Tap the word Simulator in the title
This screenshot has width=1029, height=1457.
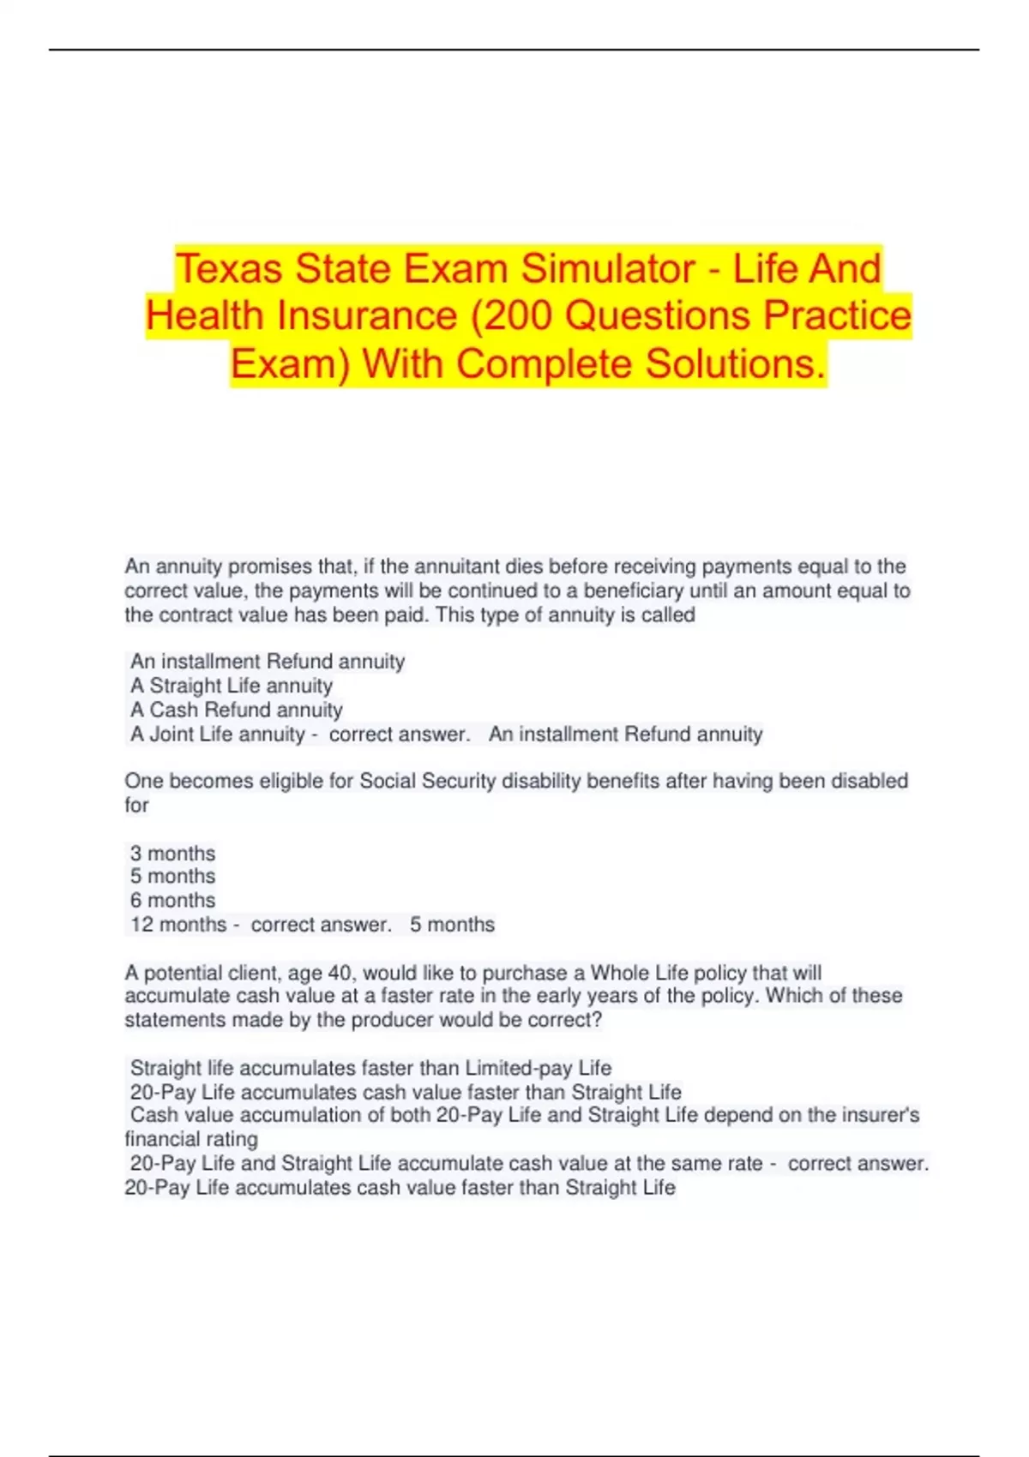pos(608,268)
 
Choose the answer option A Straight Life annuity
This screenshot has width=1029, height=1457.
pos(232,686)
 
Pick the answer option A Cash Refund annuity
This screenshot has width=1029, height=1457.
pos(237,710)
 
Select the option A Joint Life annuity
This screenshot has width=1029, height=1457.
pos(218,734)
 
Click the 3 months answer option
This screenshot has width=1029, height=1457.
pos(172,854)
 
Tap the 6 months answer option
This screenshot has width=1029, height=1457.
pos(172,901)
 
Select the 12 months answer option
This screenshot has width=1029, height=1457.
pos(178,925)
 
